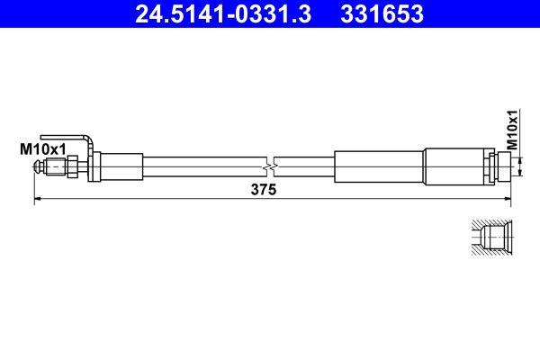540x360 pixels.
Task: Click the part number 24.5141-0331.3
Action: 216,14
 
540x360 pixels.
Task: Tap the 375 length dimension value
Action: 264,190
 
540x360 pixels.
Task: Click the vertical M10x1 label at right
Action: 512,129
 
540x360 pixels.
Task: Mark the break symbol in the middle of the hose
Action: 271,166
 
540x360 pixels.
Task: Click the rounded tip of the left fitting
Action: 38,166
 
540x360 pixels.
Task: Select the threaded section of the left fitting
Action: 56,166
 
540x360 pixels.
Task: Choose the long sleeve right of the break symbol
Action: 378,166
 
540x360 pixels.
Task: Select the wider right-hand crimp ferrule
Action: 454,166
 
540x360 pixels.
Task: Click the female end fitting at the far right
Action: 499,166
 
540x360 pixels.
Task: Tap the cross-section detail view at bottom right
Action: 491,238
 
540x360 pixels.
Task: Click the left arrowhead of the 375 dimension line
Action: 37,200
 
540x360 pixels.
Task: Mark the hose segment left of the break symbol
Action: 202,166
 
